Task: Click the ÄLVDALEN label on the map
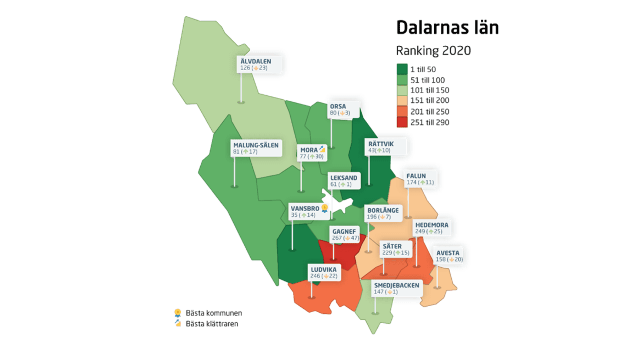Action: [x=256, y=61]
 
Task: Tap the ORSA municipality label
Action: [x=338, y=106]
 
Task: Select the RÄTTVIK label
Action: [x=381, y=144]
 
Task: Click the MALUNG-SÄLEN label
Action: [x=256, y=145]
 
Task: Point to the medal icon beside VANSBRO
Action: [x=325, y=208]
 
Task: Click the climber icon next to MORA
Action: [x=322, y=149]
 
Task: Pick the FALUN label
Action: [x=416, y=176]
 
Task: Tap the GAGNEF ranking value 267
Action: [x=337, y=238]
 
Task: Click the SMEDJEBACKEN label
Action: [x=396, y=285]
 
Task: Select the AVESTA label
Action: [x=448, y=253]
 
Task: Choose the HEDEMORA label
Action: [x=432, y=225]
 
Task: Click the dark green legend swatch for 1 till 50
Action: [x=402, y=69]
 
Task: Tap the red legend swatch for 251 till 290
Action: [x=402, y=122]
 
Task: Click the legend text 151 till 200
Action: [x=430, y=100]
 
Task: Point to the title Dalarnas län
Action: [x=447, y=27]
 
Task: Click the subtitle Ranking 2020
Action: [x=433, y=51]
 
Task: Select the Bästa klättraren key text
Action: [x=212, y=324]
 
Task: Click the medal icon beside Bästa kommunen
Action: [x=178, y=313]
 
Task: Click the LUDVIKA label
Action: [x=324, y=270]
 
